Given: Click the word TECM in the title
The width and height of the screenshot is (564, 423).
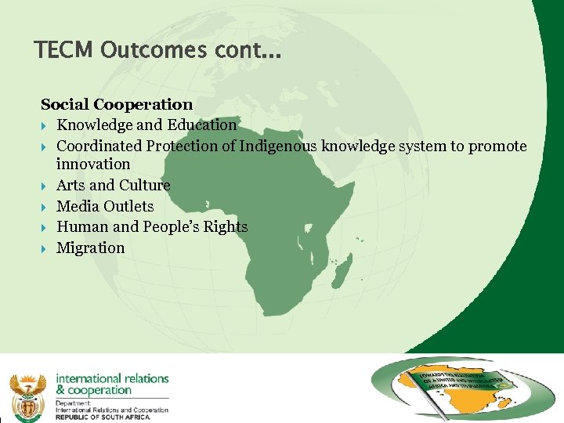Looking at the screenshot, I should coord(63,50).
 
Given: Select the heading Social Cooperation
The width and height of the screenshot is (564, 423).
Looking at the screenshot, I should coord(117,104).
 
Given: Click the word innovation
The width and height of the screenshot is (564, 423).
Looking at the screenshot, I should coord(93,164).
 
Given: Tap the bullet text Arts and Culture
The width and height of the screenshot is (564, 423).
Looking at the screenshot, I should coord(114,186).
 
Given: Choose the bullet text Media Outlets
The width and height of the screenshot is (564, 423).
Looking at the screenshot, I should coord(106,206).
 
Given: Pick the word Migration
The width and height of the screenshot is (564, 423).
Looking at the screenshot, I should coord(91,248).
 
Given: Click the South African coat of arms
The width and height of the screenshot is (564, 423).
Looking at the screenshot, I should coord(27,396).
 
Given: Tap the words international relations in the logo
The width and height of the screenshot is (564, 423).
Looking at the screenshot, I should coord(112,378).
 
